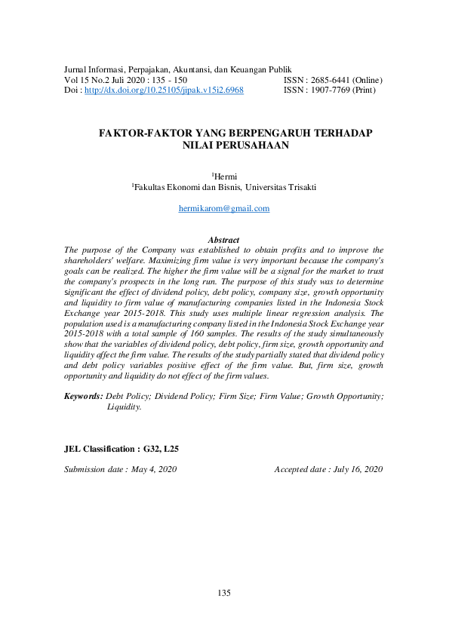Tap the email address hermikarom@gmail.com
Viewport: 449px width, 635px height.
click(224, 208)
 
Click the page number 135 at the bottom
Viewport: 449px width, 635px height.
click(224, 593)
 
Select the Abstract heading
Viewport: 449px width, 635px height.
click(223, 240)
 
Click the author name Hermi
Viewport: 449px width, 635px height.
click(226, 176)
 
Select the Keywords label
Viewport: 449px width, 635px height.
click(83, 396)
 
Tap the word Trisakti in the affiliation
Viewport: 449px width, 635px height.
click(300, 187)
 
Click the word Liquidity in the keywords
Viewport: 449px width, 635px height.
click(124, 406)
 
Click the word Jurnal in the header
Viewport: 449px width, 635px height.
click(77, 69)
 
